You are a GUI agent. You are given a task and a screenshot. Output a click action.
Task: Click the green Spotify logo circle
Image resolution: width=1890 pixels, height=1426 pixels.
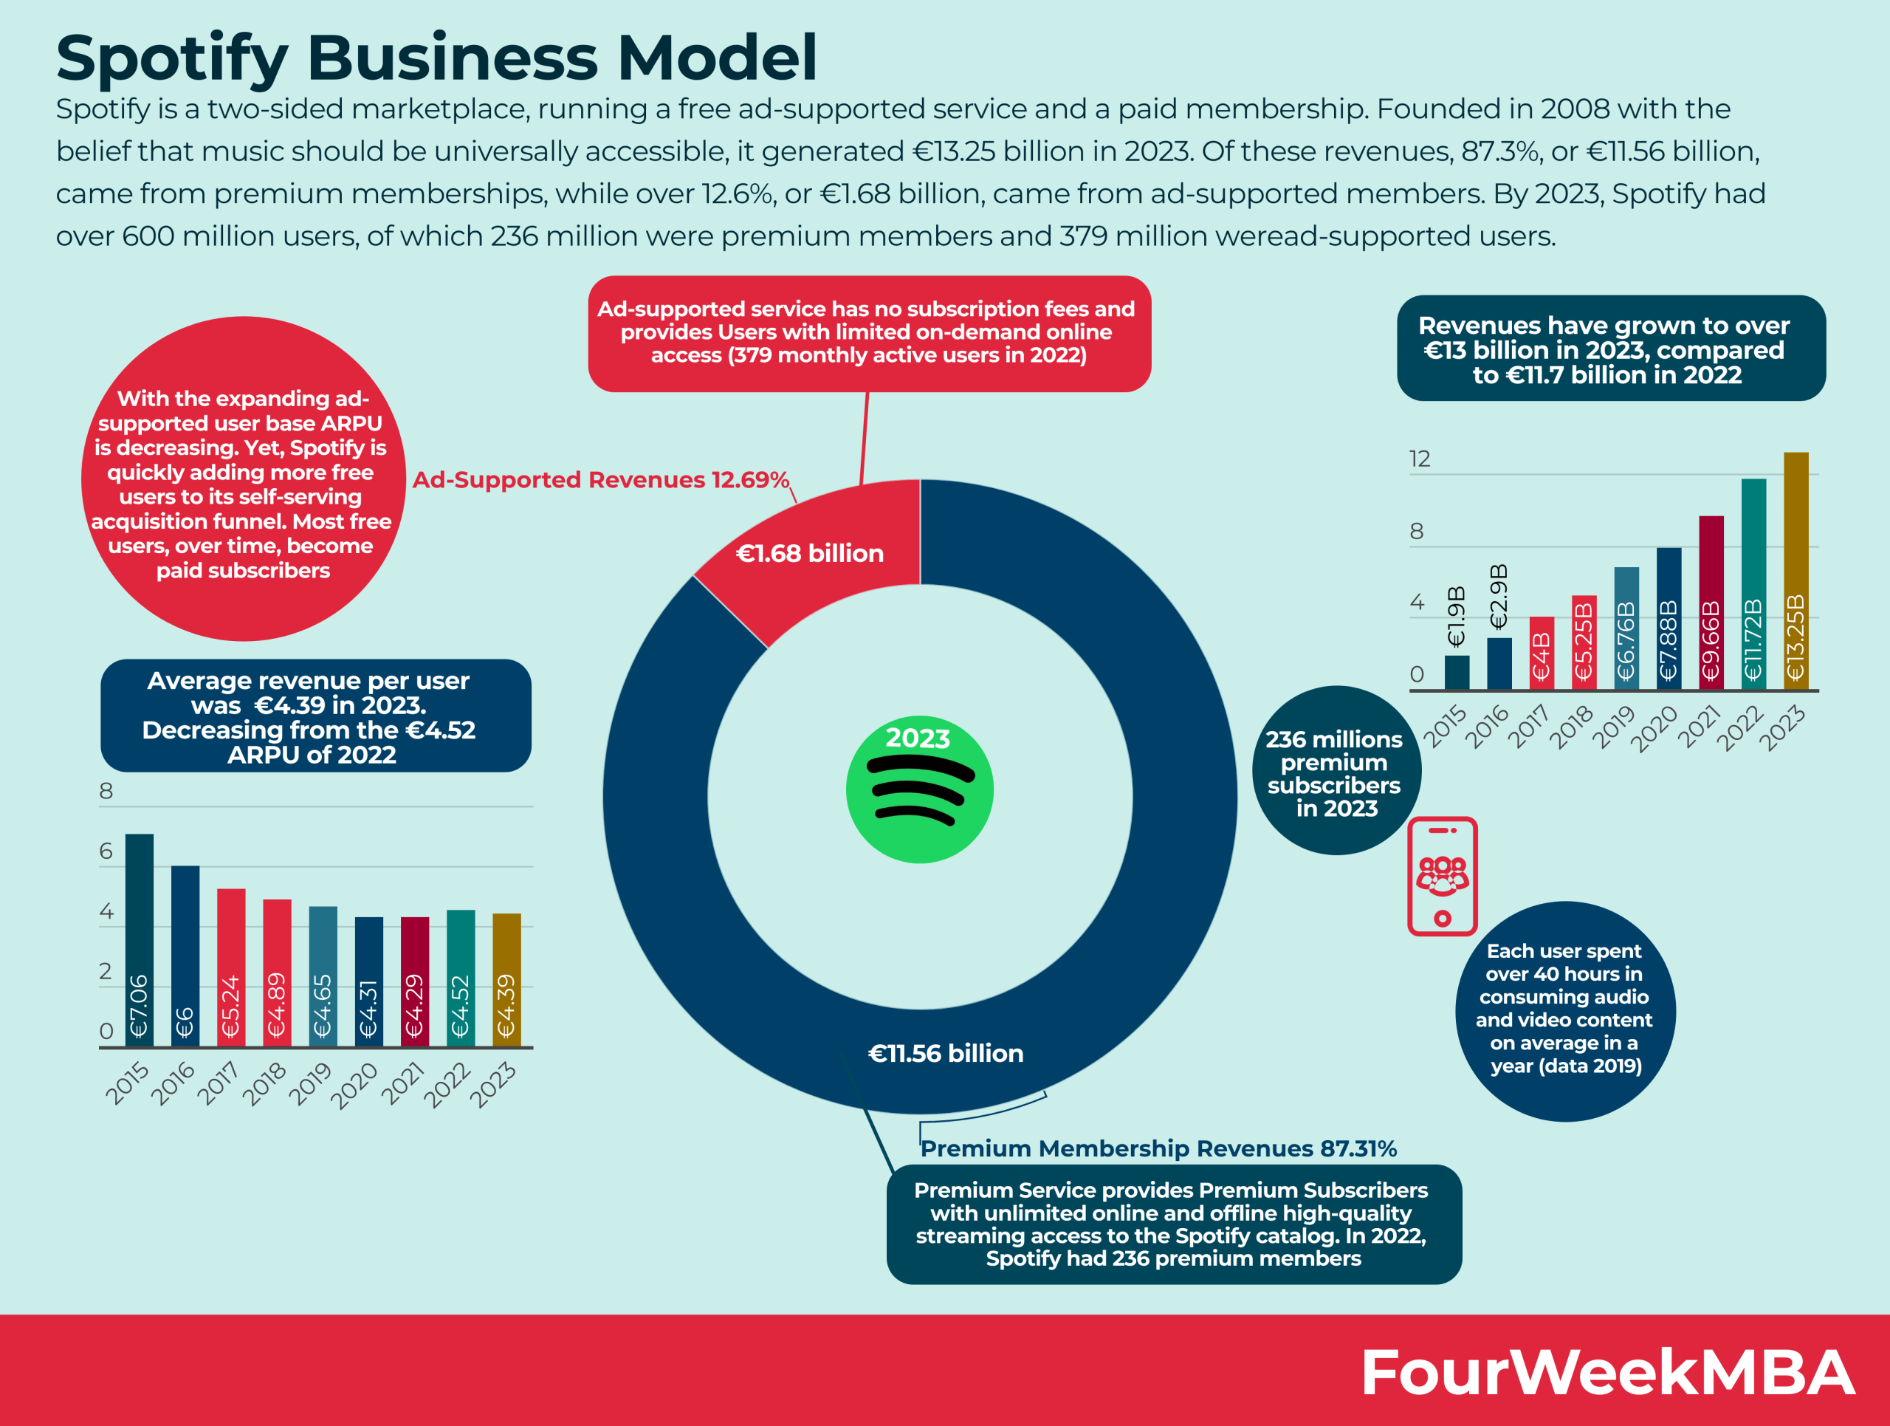[x=919, y=789]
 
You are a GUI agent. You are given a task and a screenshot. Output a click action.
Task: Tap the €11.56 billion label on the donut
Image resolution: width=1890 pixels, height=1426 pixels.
[x=945, y=1052]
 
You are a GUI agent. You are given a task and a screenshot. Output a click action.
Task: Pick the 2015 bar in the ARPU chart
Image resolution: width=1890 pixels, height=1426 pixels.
[x=140, y=940]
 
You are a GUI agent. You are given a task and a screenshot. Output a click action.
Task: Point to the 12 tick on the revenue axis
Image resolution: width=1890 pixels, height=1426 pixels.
[x=1419, y=459]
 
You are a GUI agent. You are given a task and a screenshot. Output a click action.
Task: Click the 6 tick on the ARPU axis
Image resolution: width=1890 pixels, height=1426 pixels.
[x=106, y=851]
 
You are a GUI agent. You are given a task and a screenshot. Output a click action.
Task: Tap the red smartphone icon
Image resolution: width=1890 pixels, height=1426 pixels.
[x=1443, y=877]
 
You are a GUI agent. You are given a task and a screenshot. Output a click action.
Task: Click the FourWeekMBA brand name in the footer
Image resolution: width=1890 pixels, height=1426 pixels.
[x=1606, y=1372]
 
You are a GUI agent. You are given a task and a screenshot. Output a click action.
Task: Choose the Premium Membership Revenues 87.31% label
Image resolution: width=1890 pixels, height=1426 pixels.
[x=1158, y=1148]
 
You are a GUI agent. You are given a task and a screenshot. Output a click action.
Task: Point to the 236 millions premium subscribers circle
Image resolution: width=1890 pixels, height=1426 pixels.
[x=1335, y=771]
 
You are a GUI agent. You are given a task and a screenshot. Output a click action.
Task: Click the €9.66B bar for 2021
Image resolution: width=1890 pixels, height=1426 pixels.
[x=1711, y=603]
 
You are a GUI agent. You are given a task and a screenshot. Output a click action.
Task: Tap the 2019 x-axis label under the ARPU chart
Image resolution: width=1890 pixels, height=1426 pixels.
[x=310, y=1083]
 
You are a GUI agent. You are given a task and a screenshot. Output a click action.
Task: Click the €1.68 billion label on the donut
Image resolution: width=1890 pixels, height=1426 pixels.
[x=809, y=554]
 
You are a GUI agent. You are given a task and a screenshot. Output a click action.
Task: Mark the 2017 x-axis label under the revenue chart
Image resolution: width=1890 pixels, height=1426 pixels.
[x=1528, y=725]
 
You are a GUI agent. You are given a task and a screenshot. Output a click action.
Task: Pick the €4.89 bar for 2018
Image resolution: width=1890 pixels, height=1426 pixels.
[x=277, y=973]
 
